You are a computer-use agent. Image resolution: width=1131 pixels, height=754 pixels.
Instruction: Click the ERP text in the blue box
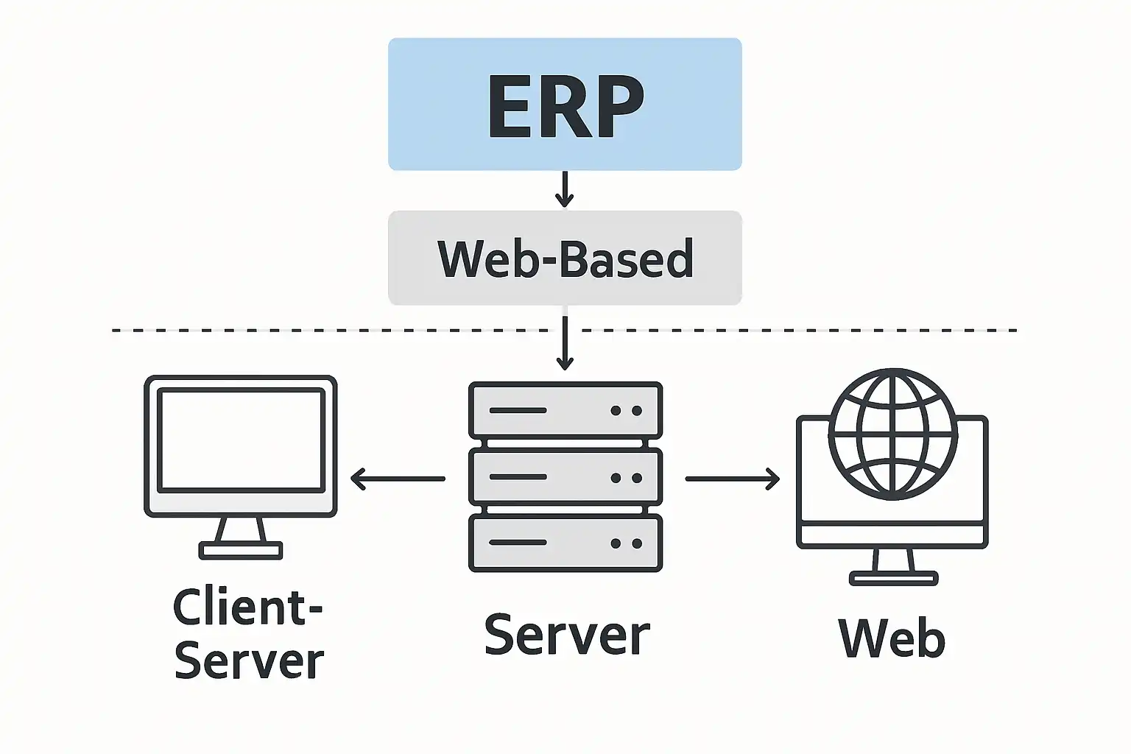(x=565, y=107)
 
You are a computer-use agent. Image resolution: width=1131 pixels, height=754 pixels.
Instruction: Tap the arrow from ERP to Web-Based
(x=565, y=189)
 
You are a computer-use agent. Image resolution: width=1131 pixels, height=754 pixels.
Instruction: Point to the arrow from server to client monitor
(x=398, y=479)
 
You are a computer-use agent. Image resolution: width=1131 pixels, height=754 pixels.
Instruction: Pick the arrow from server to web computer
(x=732, y=479)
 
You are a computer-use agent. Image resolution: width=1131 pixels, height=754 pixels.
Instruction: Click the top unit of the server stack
(x=565, y=410)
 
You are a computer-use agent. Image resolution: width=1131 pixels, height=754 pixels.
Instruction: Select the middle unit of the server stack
(x=565, y=476)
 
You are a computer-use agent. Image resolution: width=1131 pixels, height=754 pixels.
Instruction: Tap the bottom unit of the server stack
(x=565, y=543)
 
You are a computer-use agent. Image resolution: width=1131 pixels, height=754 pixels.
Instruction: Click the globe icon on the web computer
(x=893, y=434)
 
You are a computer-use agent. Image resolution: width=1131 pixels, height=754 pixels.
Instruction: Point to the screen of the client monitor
(x=241, y=440)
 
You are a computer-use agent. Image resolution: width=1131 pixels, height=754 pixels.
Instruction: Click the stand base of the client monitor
(x=241, y=551)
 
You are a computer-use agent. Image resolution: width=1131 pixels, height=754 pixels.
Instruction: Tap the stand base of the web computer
(x=894, y=578)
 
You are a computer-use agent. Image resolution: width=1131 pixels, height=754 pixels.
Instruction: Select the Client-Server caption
(x=248, y=633)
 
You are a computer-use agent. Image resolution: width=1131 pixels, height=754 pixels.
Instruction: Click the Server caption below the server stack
(x=567, y=633)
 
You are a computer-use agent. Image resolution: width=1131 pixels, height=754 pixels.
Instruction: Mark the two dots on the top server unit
(x=626, y=411)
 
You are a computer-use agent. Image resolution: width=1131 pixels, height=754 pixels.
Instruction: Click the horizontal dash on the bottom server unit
(x=518, y=543)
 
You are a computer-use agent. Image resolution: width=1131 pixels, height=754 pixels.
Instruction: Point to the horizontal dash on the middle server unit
(x=518, y=476)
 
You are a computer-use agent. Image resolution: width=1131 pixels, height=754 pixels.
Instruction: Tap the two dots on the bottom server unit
(x=626, y=543)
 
